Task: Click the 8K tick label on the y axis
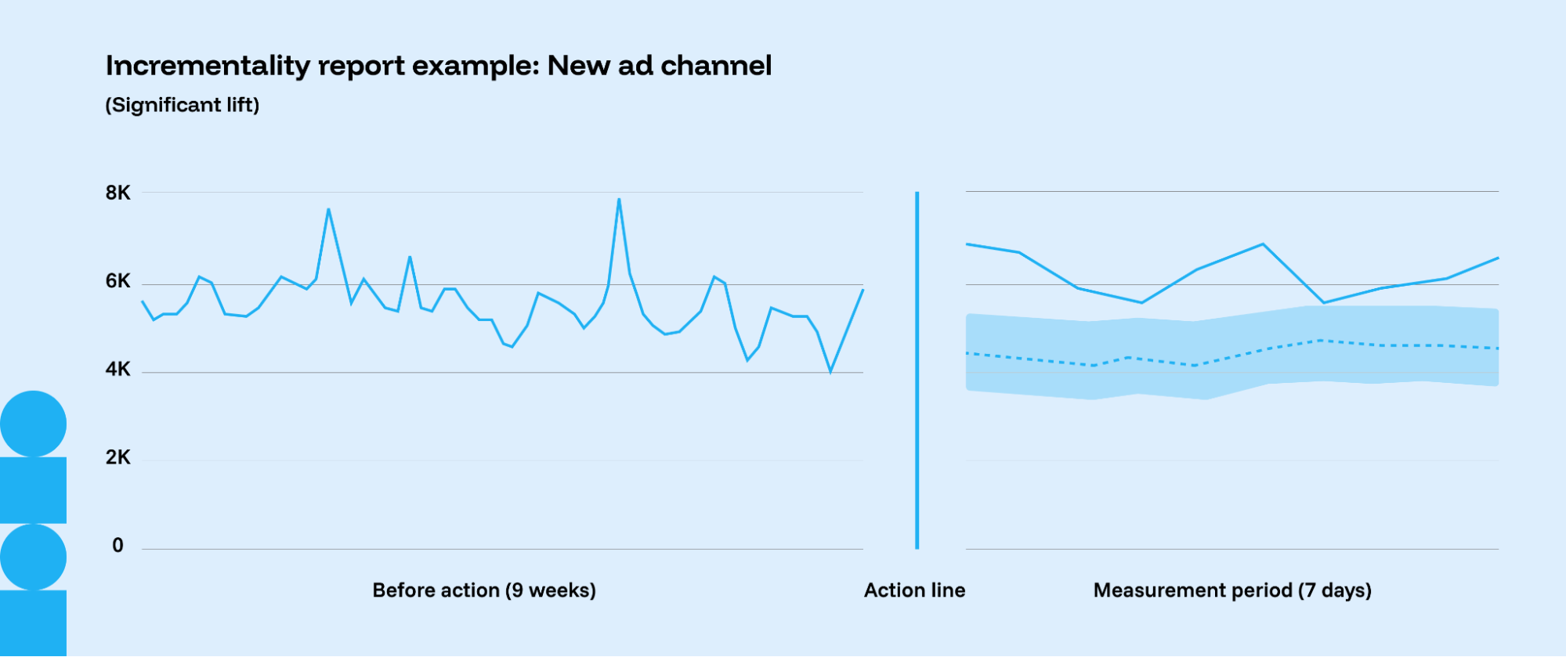(x=118, y=193)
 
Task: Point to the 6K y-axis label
(x=118, y=281)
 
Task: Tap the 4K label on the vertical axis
(x=118, y=369)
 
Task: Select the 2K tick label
(x=118, y=457)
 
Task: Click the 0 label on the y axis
(x=118, y=545)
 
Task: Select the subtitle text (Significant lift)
(x=183, y=105)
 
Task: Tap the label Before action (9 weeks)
(x=484, y=590)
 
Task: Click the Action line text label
(x=914, y=590)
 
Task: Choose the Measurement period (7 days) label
(x=1232, y=590)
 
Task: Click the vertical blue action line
(x=917, y=370)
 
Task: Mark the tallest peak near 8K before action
(x=619, y=199)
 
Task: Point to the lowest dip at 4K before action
(x=830, y=372)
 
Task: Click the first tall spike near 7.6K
(x=328, y=209)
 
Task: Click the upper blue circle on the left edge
(x=33, y=424)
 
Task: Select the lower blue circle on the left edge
(x=33, y=557)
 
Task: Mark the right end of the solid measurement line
(x=1498, y=258)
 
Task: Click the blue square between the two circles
(x=33, y=490)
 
